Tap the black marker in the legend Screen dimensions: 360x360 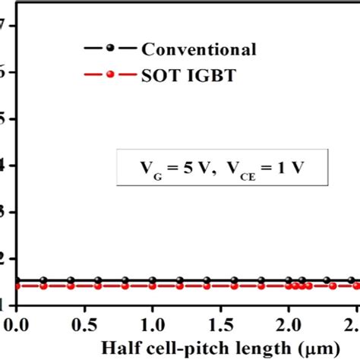point(110,48)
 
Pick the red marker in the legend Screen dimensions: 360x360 point(110,74)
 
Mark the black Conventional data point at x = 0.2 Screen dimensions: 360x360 point(44,280)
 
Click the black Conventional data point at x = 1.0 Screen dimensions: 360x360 point(153,280)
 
